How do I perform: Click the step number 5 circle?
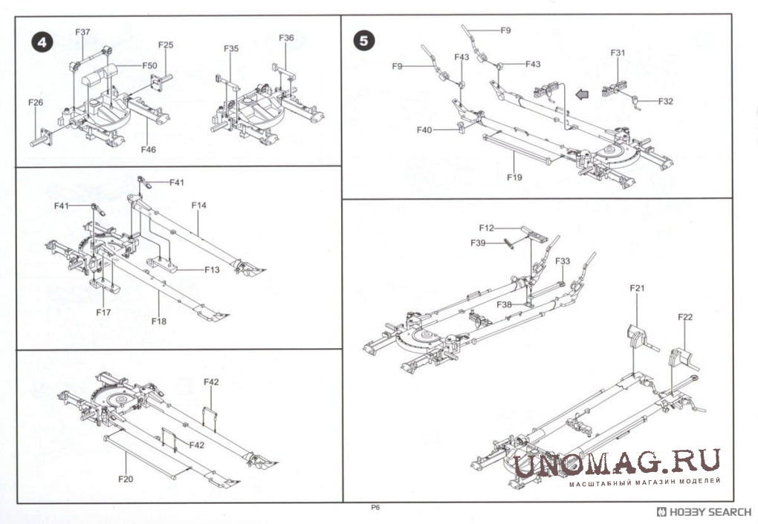click(x=363, y=40)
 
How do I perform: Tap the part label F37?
click(x=82, y=32)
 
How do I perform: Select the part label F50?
click(x=149, y=66)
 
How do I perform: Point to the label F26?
click(x=36, y=102)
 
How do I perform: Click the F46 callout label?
click(x=149, y=149)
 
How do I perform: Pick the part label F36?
click(x=286, y=38)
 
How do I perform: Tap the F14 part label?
click(x=199, y=204)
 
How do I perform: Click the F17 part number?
click(x=103, y=312)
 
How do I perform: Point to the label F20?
click(x=126, y=479)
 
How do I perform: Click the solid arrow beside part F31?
click(x=586, y=94)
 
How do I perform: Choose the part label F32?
click(x=665, y=101)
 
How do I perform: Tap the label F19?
click(x=514, y=177)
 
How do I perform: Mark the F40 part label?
click(x=424, y=130)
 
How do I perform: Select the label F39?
click(x=478, y=243)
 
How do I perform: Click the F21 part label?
click(x=638, y=288)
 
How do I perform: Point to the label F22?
click(x=685, y=317)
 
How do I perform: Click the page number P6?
click(x=375, y=508)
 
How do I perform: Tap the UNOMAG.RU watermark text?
click(x=617, y=464)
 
